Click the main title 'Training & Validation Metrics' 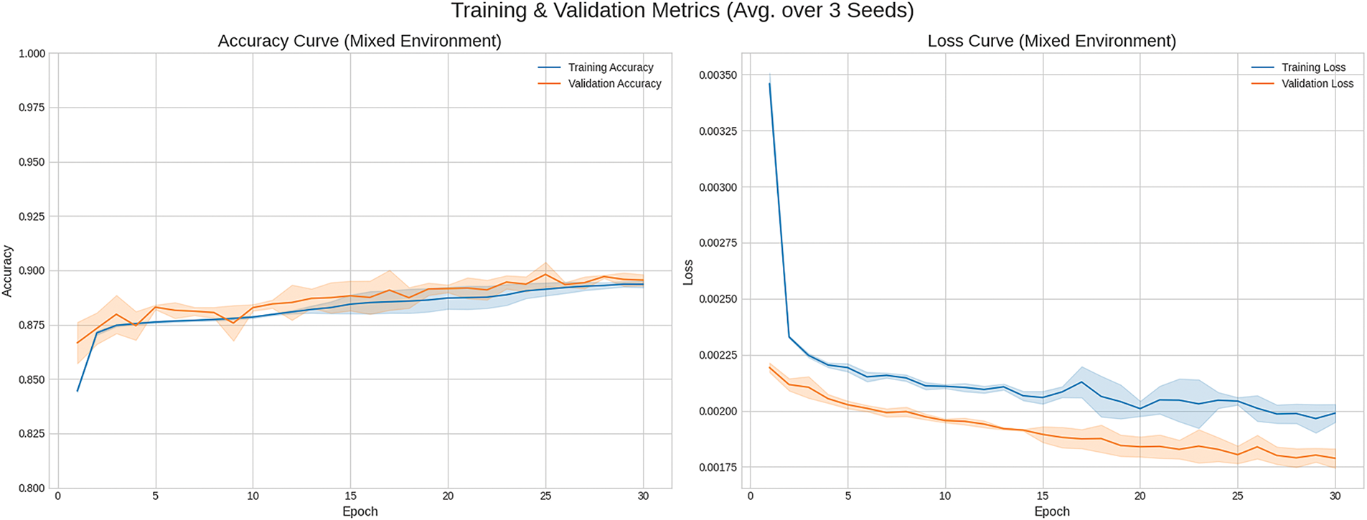click(682, 11)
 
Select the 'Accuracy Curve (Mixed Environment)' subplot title click(360, 42)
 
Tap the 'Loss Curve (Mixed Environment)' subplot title click(1051, 42)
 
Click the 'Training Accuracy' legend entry click(610, 67)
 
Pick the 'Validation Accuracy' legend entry click(614, 84)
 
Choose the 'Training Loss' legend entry click(1313, 67)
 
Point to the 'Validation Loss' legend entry click(1317, 84)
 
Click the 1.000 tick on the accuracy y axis click(32, 54)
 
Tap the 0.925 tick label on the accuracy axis click(32, 217)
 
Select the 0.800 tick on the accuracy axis click(32, 488)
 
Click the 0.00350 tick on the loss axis click(718, 75)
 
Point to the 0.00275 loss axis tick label click(718, 243)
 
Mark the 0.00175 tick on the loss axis click(718, 468)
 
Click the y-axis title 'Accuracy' click(8, 271)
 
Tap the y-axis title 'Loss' click(688, 273)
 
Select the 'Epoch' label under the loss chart click(1051, 511)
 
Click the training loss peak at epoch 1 click(770, 83)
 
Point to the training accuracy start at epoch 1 click(77, 391)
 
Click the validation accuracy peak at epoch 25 click(545, 274)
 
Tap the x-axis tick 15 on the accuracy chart click(350, 496)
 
